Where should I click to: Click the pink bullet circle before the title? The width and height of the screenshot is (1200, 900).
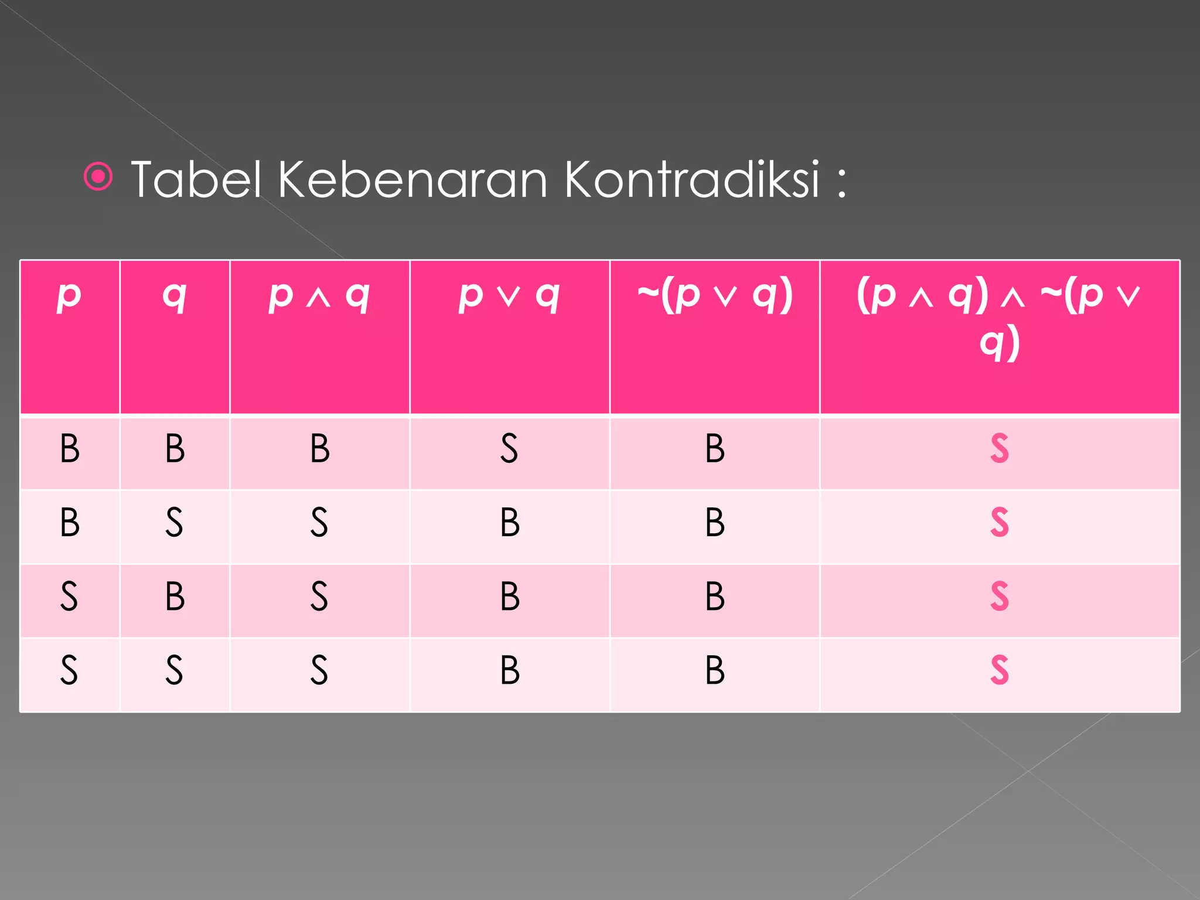[98, 176]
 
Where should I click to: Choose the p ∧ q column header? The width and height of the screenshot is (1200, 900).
[319, 295]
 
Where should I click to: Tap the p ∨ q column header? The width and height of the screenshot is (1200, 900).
[509, 295]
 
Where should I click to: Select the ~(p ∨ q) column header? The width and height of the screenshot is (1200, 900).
[715, 295]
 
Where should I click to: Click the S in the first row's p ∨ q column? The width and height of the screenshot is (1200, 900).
[509, 449]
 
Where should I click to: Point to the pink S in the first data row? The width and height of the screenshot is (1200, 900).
[1000, 449]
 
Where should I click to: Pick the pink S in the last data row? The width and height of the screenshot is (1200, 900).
[1000, 670]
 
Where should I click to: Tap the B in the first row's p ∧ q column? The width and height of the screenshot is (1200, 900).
[320, 449]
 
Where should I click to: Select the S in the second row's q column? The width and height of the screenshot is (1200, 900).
[174, 522]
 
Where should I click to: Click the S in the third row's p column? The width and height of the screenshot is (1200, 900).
[69, 596]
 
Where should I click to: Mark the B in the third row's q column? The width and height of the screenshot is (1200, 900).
[175, 596]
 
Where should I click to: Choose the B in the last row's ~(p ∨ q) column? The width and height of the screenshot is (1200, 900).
[715, 670]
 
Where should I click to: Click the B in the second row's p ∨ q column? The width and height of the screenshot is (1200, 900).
[510, 522]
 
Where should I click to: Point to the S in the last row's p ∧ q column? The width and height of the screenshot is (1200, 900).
[319, 670]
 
